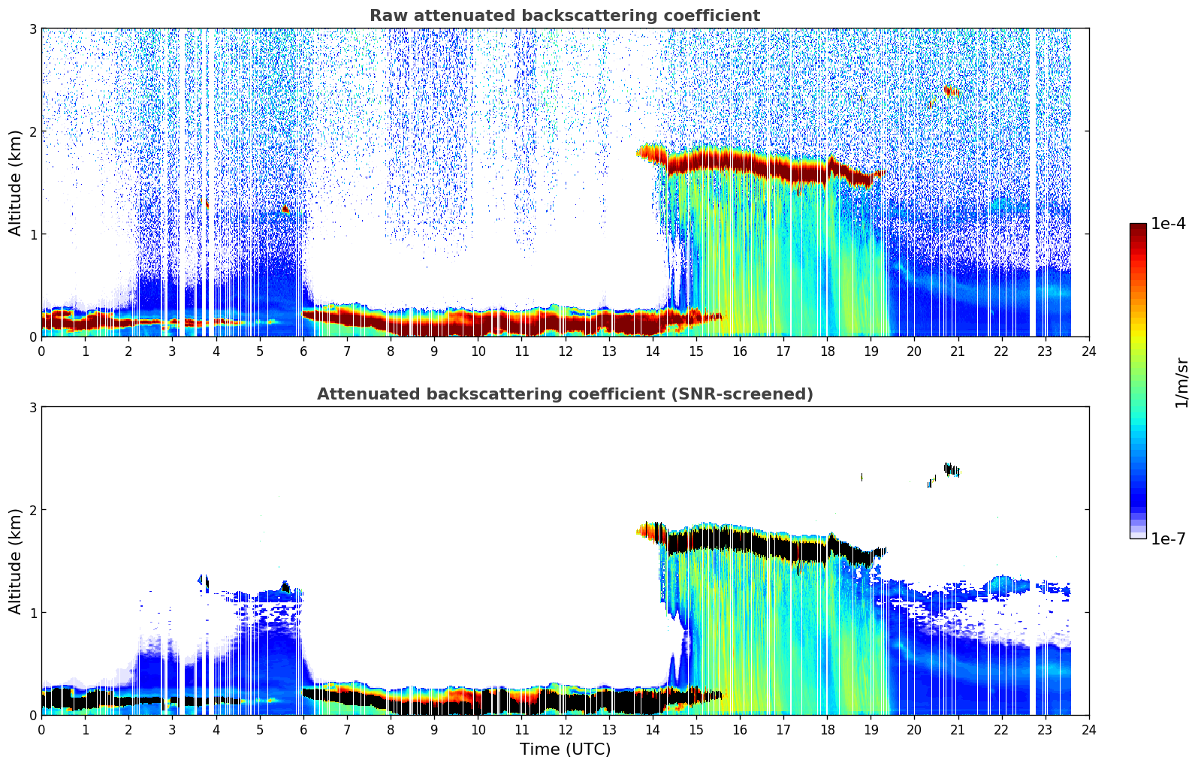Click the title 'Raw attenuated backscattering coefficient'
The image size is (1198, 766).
coord(564,16)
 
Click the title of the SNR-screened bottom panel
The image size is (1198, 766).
coord(564,394)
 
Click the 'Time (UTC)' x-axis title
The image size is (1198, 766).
coord(565,749)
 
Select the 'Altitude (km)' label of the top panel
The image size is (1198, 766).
coord(15,182)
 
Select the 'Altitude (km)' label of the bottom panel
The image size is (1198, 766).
coord(15,561)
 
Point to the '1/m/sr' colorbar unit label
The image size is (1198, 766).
coord(1181,382)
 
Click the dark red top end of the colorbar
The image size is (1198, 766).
coord(1138,227)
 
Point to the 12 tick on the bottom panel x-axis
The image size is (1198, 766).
coord(565,729)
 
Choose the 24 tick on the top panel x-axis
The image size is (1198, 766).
coord(1088,351)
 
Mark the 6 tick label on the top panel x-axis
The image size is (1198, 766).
coord(303,351)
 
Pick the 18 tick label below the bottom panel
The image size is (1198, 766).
coord(827,729)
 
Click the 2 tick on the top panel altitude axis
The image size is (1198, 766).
coord(33,131)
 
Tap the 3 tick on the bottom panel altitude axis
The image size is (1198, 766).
coord(33,407)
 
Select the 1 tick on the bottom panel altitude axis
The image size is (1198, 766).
coord(33,612)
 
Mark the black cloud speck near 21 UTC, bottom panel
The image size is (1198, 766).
coord(951,469)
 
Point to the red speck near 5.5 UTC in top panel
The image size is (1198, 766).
coord(285,210)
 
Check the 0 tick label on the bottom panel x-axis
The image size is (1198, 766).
coord(41,729)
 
